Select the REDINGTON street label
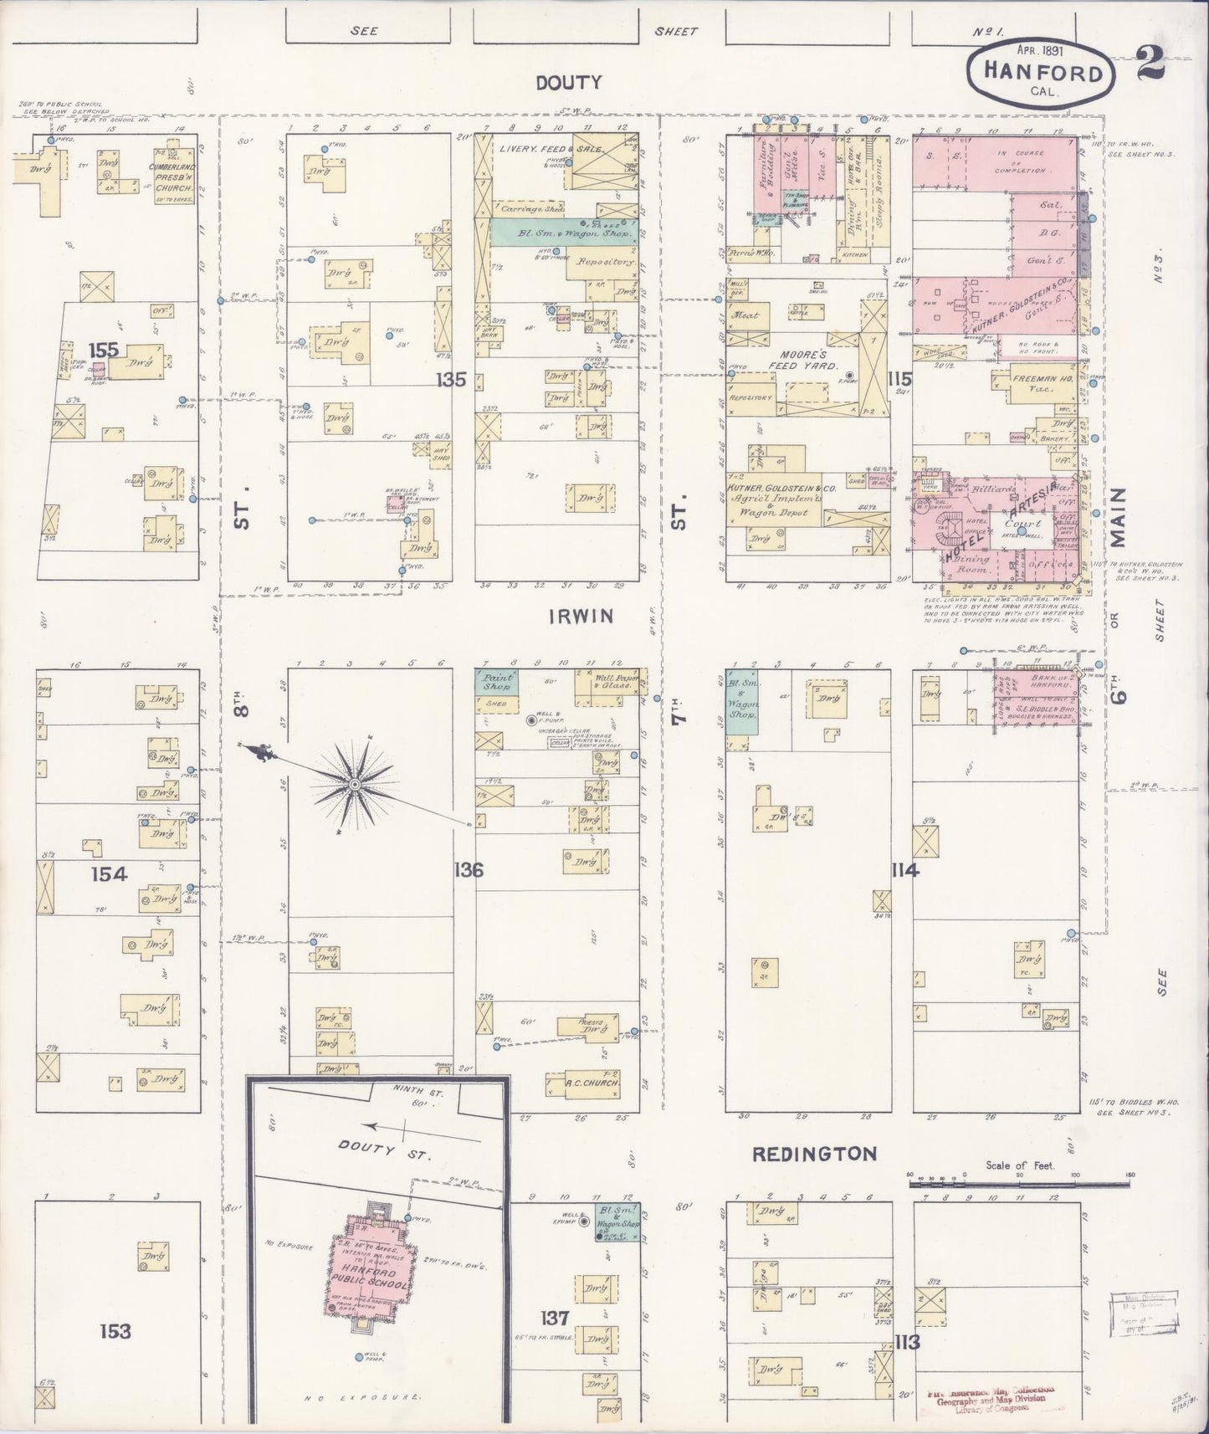click(x=814, y=1155)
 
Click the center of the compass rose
click(x=354, y=784)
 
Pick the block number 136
click(x=468, y=870)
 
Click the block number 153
click(x=114, y=1329)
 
